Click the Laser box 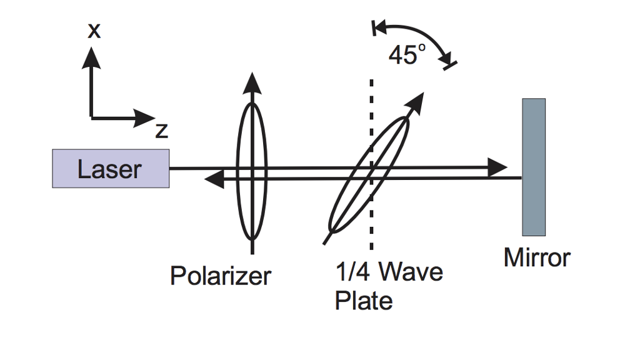[111, 169]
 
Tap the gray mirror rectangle [534, 167]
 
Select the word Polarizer [221, 276]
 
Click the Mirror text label [537, 257]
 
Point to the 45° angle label [406, 56]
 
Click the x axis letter [93, 31]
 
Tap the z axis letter [161, 131]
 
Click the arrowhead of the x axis [92, 56]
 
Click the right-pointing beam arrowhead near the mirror [497, 167]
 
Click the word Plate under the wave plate [364, 301]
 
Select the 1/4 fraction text [354, 272]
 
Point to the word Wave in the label [411, 272]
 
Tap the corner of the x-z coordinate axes [92, 117]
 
